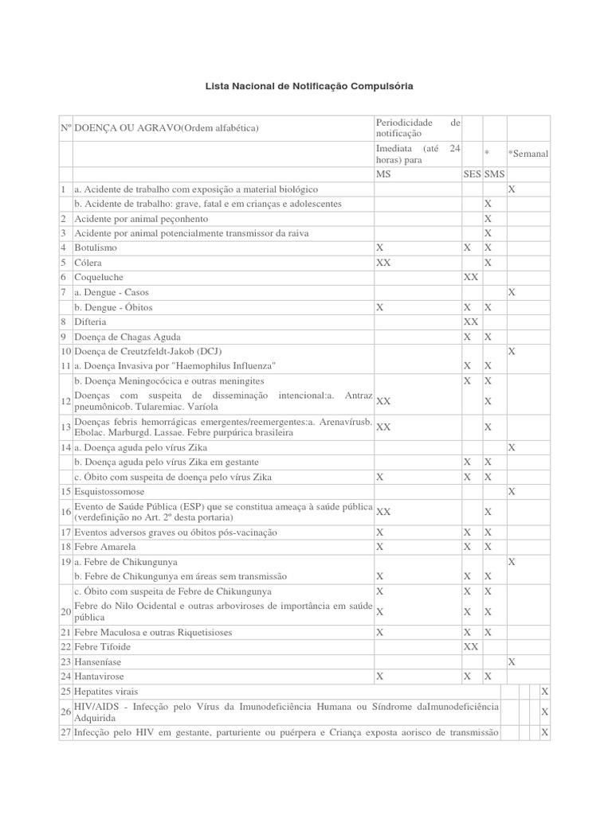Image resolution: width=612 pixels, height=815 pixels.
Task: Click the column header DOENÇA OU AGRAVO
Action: pos(167,128)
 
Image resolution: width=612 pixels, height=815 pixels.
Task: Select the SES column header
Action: pos(472,174)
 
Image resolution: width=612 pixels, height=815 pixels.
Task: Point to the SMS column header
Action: pos(494,174)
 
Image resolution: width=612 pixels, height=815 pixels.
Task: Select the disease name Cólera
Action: pos(88,262)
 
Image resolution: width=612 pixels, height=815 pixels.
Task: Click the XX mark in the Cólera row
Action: pos(383,262)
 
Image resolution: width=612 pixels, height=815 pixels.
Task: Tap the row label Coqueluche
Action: pos(99,276)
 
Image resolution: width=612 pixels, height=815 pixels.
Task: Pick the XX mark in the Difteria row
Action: pos(471,322)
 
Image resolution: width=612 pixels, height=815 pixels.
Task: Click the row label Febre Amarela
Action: pos(104,547)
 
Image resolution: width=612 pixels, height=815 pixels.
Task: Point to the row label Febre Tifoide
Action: pos(102,646)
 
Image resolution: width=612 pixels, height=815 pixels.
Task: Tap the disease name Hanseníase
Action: pos(100,661)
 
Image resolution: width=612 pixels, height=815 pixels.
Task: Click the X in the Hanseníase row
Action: pos(512,661)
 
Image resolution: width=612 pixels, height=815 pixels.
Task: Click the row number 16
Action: pos(65,512)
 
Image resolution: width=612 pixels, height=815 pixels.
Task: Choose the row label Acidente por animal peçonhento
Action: pos(141,218)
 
